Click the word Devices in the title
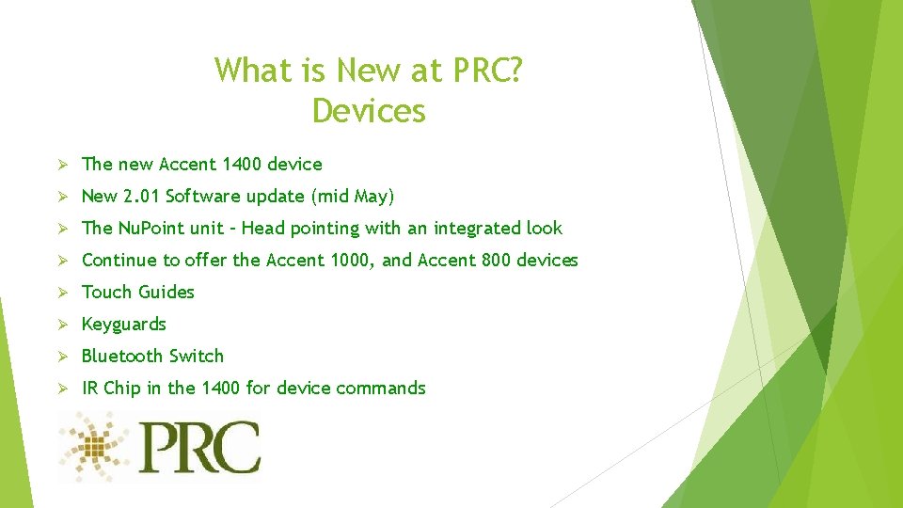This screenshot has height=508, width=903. click(369, 111)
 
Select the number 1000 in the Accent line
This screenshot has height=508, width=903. click(353, 261)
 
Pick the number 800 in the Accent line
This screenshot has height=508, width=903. click(496, 261)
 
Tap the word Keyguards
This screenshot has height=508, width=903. click(124, 325)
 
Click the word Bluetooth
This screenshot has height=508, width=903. click(121, 357)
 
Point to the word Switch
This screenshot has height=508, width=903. click(196, 357)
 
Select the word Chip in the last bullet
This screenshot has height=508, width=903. click(121, 389)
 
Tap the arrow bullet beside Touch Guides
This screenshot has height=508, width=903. click(62, 293)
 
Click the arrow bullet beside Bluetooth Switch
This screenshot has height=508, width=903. click(62, 357)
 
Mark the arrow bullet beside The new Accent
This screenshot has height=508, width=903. click(62, 165)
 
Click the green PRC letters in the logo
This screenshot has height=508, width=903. click(198, 448)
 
